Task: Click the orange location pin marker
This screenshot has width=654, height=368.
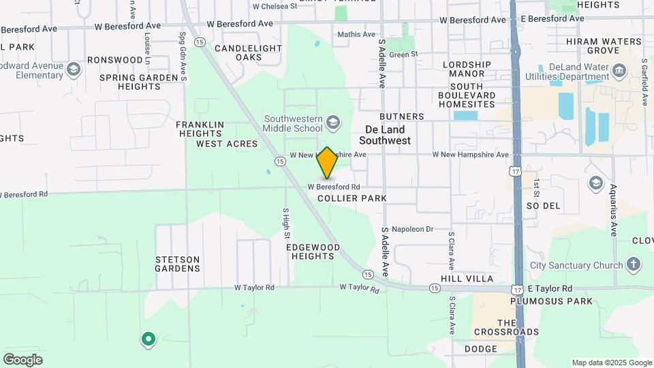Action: point(328,164)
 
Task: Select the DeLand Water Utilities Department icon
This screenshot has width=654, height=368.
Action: point(620,70)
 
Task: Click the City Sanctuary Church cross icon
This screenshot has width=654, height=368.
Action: point(634,264)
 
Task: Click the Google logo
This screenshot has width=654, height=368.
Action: point(22,359)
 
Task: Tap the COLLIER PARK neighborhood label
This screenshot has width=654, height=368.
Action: point(352,198)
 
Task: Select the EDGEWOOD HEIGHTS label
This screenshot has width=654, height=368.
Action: point(313,251)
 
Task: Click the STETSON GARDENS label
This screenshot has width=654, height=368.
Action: point(178,264)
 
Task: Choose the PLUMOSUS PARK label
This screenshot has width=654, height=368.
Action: point(552,301)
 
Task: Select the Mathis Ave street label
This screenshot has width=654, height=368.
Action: point(356,34)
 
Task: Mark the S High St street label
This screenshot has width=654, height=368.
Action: point(286,224)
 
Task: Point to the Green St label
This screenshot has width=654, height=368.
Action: point(404,55)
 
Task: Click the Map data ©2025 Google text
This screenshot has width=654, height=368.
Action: point(612,363)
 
